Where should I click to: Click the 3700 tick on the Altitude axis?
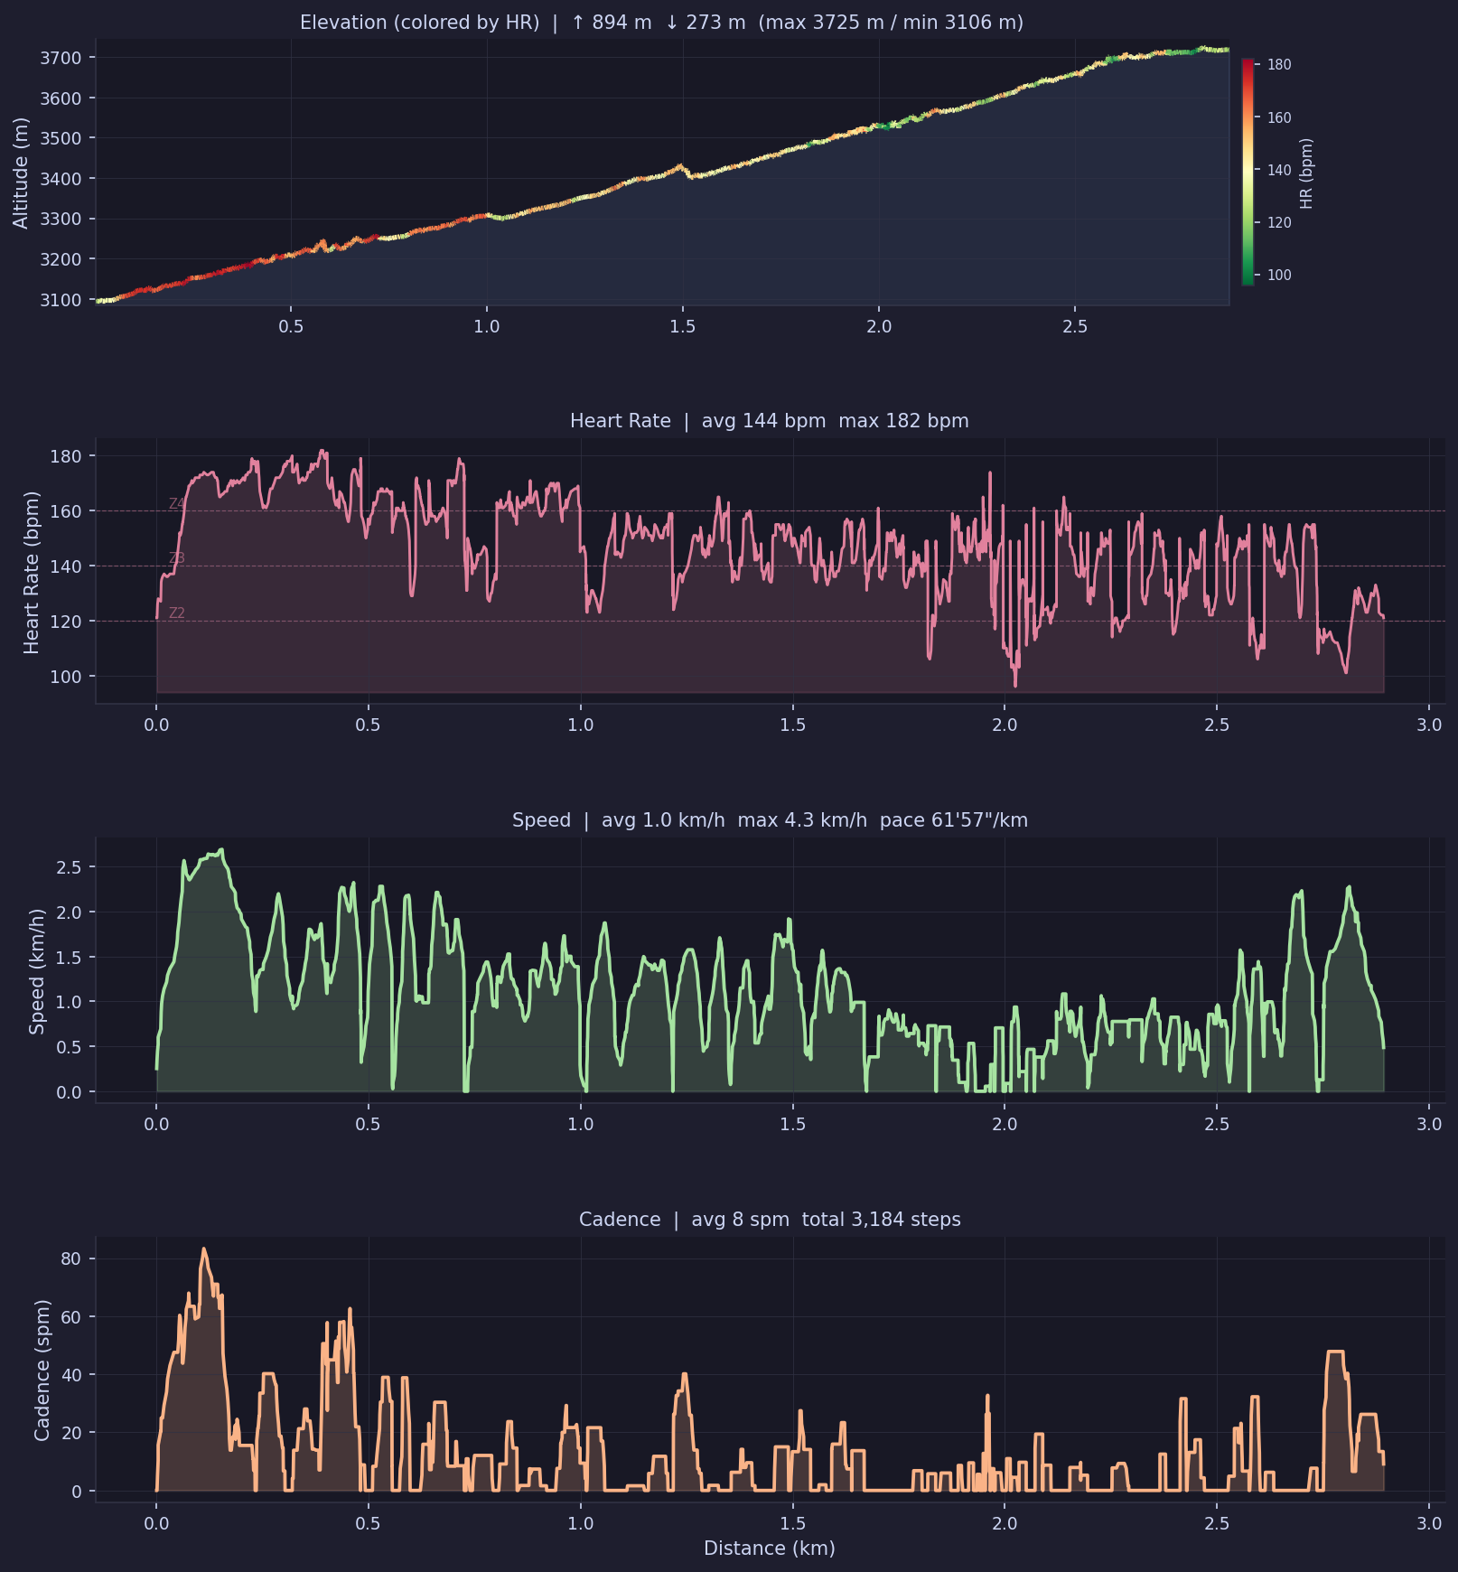[x=61, y=58]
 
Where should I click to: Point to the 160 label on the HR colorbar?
[x=1279, y=117]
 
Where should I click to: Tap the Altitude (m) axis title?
[x=20, y=173]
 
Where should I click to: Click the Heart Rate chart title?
[x=769, y=421]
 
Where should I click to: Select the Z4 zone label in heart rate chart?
[x=176, y=504]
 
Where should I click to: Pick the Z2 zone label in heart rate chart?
[x=176, y=613]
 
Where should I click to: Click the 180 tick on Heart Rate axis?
[x=66, y=456]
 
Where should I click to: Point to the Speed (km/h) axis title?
[x=36, y=971]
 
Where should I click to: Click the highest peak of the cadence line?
[x=203, y=1249]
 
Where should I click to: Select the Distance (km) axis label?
[x=769, y=1549]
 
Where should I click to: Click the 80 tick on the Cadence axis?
[x=71, y=1259]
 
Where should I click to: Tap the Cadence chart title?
[x=769, y=1220]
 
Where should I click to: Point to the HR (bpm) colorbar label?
[x=1306, y=173]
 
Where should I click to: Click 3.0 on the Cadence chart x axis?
[x=1428, y=1523]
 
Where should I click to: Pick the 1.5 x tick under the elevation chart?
[x=683, y=326]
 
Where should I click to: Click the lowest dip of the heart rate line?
[x=1015, y=686]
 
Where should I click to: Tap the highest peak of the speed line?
[x=220, y=849]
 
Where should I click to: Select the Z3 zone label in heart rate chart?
[x=176, y=558]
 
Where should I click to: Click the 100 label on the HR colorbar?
[x=1279, y=276]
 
